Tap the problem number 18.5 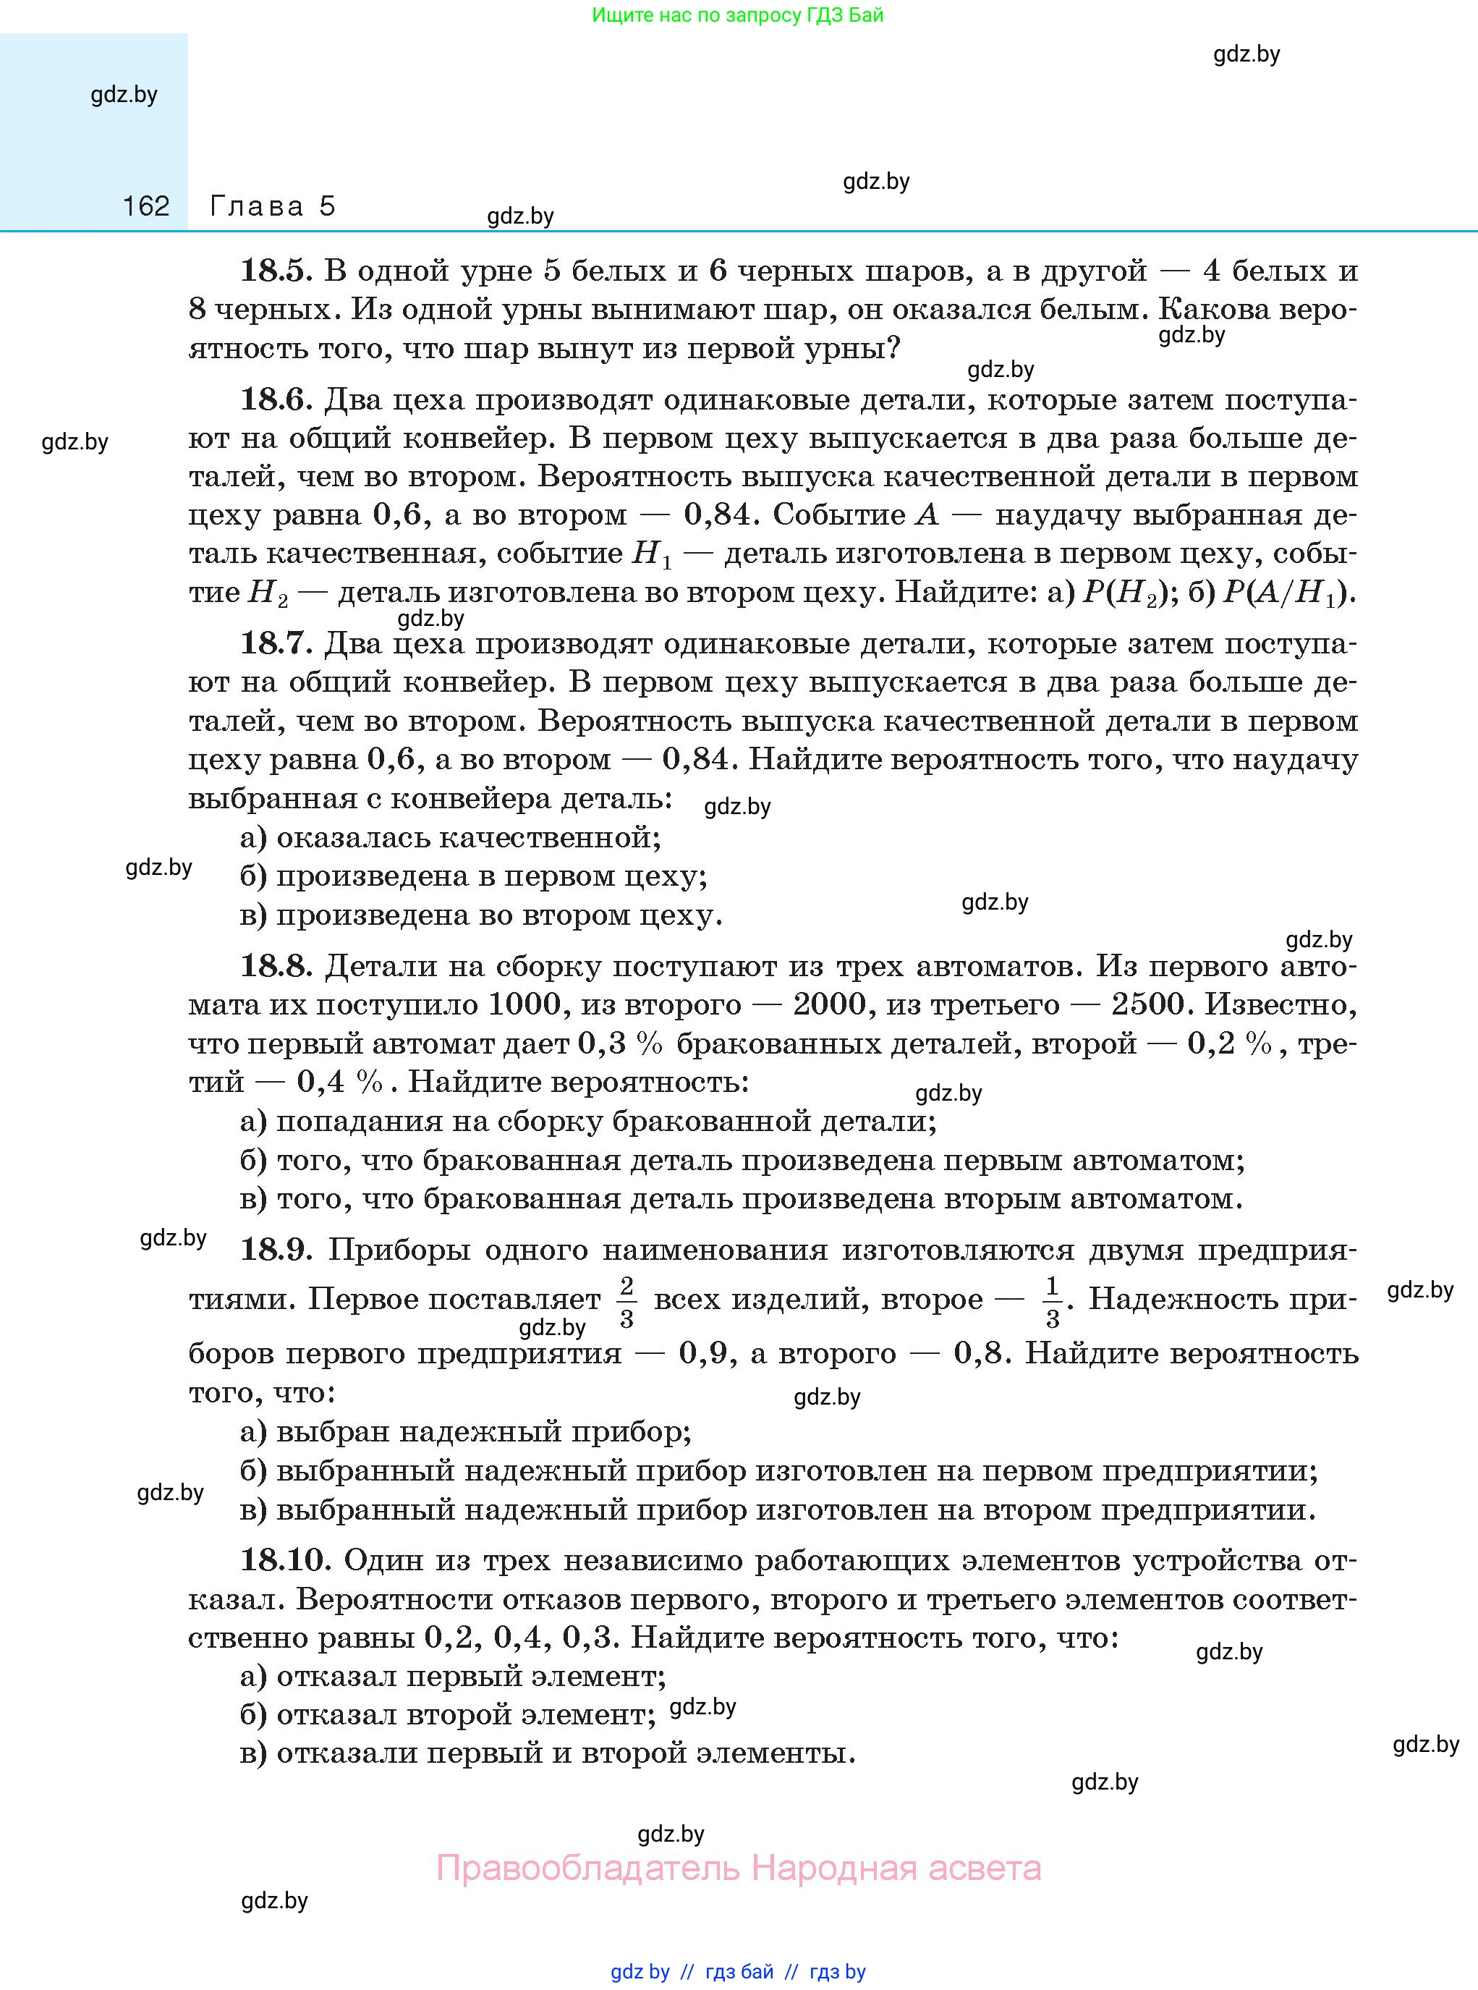point(275,270)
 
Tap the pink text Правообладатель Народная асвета point(738,1868)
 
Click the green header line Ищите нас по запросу point(737,15)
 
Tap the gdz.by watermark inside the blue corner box point(124,95)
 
